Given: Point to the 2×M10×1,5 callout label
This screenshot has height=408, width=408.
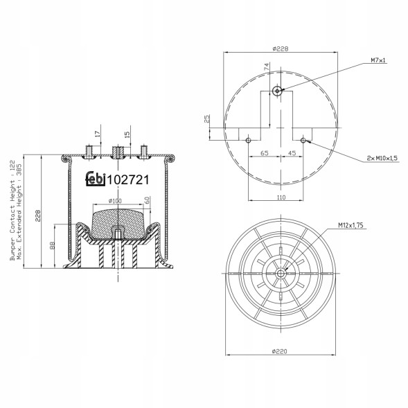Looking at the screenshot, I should tap(382, 159).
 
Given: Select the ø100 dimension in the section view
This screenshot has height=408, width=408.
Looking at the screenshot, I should tap(115, 201).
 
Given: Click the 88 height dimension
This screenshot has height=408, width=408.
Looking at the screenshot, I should tap(53, 246).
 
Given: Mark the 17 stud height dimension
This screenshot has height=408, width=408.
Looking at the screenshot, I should tap(98, 134).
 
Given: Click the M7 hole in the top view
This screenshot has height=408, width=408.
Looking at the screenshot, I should tap(278, 90).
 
